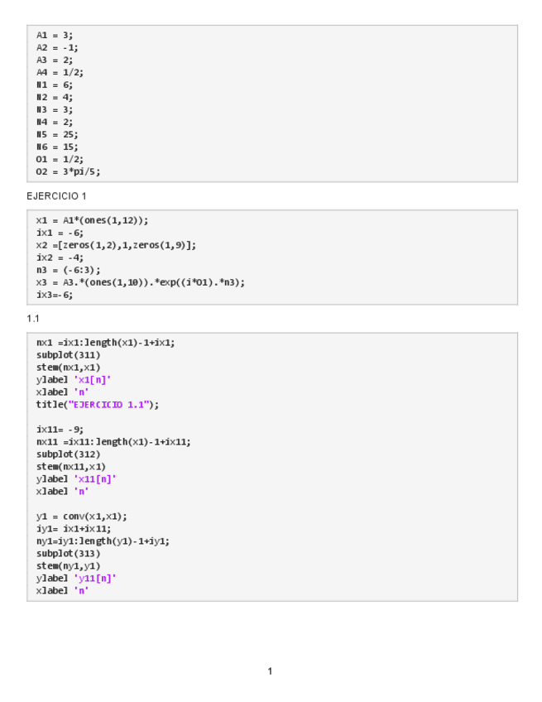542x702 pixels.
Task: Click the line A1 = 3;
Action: tap(55, 35)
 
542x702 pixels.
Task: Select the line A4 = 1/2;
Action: tap(60, 72)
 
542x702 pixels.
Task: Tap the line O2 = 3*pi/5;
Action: tap(68, 171)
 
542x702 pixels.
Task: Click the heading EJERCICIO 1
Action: tap(56, 196)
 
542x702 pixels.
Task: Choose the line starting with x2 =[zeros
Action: tap(116, 245)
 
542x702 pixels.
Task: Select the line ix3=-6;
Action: tap(55, 294)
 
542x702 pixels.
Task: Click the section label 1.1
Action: tap(33, 319)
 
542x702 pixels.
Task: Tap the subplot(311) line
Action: tap(69, 354)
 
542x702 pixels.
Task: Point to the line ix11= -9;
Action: tap(60, 429)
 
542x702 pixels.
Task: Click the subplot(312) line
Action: tap(69, 454)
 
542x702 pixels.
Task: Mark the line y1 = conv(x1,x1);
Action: tap(82, 516)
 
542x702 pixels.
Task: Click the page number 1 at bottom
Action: tap(270, 671)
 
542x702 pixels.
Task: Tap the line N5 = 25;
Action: tap(57, 134)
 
